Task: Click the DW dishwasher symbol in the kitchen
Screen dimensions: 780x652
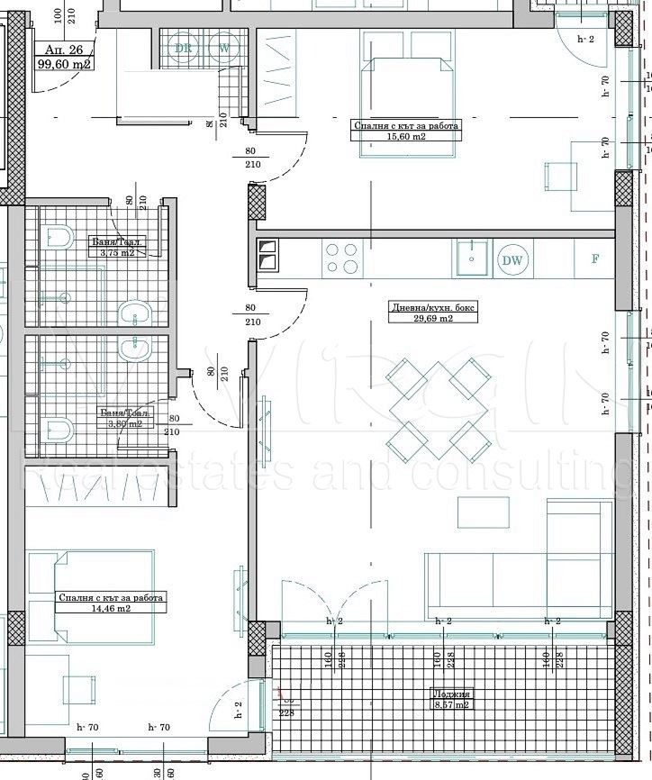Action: coord(513,261)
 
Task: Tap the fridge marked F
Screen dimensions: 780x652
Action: coord(594,259)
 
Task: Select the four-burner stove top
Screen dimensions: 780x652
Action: coord(341,258)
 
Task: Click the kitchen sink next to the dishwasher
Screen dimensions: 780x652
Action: coord(471,259)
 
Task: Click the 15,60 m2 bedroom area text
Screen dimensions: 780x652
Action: coord(404,132)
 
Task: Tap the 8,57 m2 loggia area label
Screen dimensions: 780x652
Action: coord(450,700)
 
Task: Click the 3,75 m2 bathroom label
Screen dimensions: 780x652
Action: coord(117,248)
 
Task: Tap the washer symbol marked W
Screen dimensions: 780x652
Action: coord(222,49)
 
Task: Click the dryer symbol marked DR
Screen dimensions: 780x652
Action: coord(183,49)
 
